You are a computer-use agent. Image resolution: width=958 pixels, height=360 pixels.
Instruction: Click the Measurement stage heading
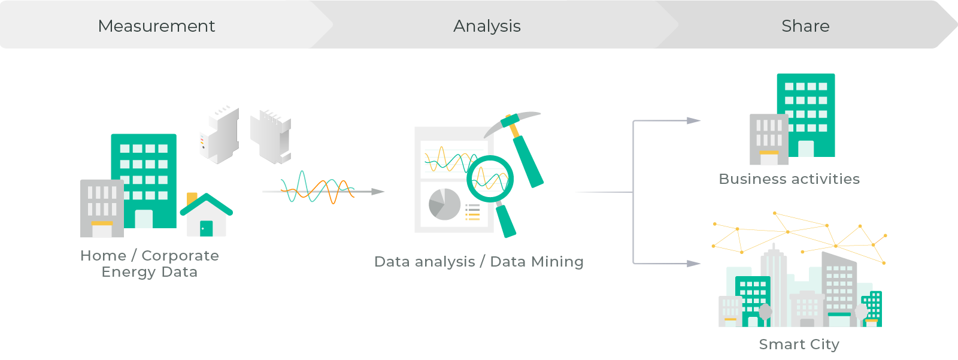click(156, 26)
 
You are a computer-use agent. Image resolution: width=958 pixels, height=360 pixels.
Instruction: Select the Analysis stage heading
click(487, 26)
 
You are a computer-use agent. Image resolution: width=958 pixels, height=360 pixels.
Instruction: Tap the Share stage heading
click(806, 26)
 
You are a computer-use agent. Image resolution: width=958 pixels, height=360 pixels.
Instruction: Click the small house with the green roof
click(207, 215)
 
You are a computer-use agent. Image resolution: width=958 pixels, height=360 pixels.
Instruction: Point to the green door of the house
click(206, 228)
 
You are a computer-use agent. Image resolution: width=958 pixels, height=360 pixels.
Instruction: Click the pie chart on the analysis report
click(444, 204)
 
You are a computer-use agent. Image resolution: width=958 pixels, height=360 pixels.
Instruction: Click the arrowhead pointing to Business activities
click(693, 121)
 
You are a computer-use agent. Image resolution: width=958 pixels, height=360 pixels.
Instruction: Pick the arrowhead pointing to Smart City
click(693, 263)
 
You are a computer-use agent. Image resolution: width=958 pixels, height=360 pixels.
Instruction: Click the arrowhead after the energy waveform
click(378, 191)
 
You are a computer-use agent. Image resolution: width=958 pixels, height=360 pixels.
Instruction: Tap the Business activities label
click(789, 179)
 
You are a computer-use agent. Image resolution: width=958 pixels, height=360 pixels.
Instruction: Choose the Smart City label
click(799, 344)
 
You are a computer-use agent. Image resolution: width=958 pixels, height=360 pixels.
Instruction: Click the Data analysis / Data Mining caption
click(479, 262)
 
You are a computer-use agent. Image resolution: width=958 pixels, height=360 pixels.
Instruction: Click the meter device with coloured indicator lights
click(219, 135)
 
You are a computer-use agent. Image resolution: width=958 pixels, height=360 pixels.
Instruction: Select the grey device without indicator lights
click(271, 137)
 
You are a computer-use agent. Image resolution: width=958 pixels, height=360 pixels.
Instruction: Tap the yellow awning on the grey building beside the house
click(102, 223)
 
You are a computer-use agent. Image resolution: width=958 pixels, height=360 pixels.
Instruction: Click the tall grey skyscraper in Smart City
click(774, 287)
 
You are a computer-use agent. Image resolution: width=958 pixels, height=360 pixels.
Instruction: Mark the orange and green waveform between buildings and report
click(317, 187)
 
